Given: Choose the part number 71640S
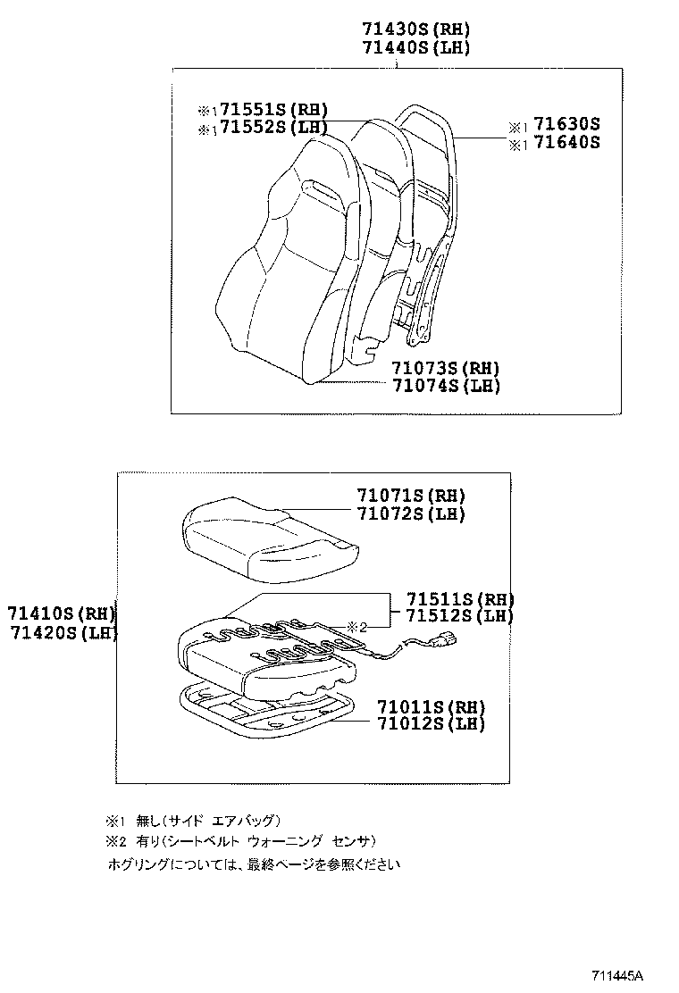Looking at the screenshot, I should (566, 142).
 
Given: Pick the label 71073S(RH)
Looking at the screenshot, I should (445, 368).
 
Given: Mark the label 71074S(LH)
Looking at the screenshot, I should (445, 386).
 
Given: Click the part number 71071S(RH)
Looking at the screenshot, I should (411, 496).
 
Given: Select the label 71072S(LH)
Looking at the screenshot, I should (411, 513).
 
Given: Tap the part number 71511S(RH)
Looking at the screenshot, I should (460, 598).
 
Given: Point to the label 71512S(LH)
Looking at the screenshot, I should (460, 616).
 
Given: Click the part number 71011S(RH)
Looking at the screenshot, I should (431, 705).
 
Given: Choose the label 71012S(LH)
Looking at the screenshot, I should (431, 723).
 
